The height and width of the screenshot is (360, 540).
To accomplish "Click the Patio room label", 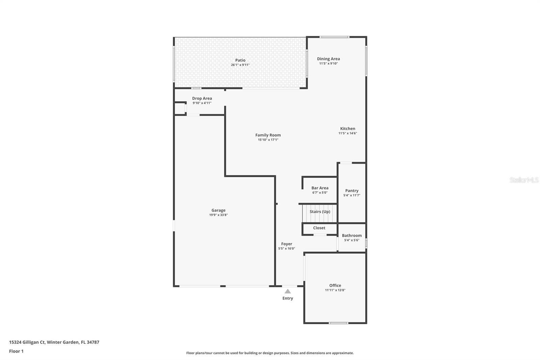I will (240, 60).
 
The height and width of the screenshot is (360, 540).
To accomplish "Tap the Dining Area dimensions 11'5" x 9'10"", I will (328, 63).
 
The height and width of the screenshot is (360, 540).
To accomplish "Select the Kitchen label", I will (348, 128).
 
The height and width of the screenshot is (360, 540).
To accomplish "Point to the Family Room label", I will (268, 135).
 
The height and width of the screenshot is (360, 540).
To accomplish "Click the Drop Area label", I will (202, 98).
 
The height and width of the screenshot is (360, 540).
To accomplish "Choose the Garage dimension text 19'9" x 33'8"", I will (218, 215).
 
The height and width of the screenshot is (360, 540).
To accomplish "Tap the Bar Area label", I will (320, 188).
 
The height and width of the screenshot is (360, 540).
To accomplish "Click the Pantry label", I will (352, 190).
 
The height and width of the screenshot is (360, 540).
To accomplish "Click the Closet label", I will (319, 228).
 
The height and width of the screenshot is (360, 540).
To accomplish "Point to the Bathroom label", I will (352, 235).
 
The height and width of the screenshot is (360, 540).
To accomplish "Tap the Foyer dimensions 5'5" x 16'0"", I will (287, 249).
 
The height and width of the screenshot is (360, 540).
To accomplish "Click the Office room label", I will (335, 285).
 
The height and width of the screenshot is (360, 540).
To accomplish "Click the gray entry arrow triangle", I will (288, 291).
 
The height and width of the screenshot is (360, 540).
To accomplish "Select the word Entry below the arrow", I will (288, 298).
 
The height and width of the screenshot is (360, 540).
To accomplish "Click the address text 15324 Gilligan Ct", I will (27, 342).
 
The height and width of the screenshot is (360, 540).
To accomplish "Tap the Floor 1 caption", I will (16, 351).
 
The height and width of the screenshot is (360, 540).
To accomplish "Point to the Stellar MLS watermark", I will (524, 180).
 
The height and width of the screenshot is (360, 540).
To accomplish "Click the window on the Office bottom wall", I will (339, 323).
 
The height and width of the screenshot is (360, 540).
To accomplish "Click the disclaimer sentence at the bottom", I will (270, 353).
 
